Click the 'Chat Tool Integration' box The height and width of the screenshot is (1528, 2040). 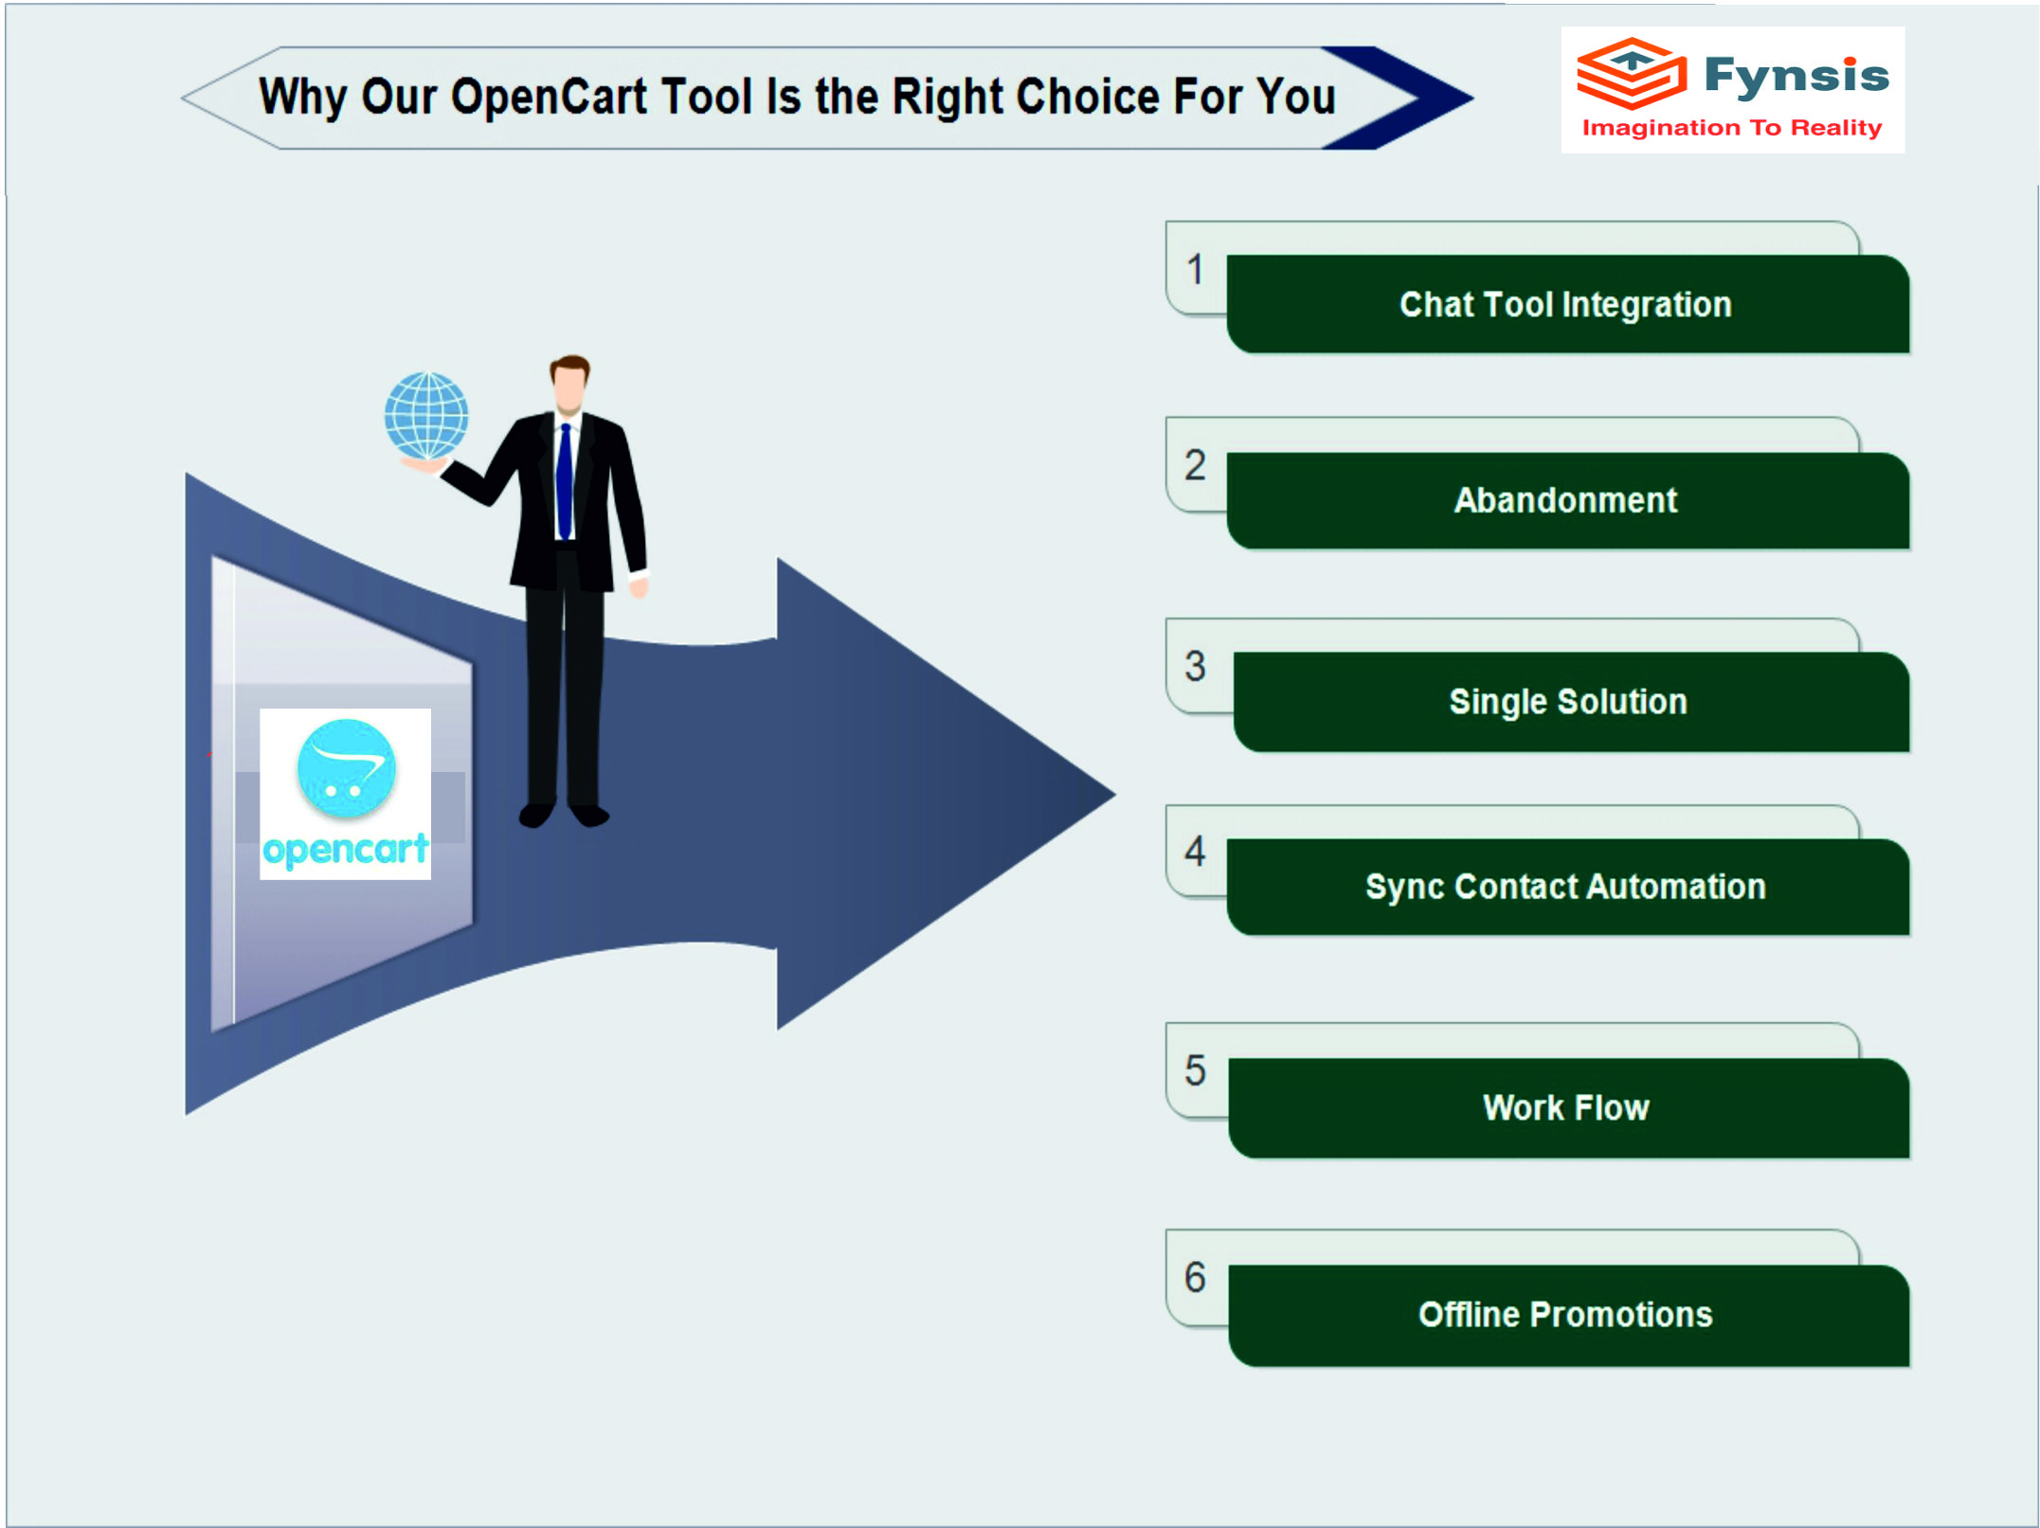coord(1567,304)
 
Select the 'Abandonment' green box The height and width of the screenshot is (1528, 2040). coord(1567,500)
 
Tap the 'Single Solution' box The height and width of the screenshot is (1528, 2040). coord(1570,702)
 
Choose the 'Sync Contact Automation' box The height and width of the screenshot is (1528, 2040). coord(1567,887)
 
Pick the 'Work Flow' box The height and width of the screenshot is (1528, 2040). coord(1568,1107)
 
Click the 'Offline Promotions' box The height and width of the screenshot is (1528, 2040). coord(1568,1315)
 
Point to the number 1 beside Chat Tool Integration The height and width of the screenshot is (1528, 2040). coord(1196,270)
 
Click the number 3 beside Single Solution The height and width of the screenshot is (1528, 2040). coord(1196,666)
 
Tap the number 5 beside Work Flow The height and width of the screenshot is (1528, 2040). coord(1196,1070)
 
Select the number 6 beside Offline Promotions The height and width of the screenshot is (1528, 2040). coord(1196,1277)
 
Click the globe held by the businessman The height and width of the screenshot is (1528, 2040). coord(426,416)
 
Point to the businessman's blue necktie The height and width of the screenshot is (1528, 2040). coord(565,482)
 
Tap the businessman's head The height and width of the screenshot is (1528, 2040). coord(569,383)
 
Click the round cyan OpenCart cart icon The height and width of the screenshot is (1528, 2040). coord(346,768)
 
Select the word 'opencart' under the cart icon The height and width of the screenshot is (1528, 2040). coord(346,850)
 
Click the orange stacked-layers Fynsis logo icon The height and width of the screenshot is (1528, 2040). coord(1632,73)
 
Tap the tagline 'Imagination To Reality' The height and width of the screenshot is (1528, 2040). coord(1732,128)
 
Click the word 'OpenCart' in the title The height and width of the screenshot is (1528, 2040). coord(549,97)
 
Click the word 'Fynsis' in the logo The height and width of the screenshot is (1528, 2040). coord(1796,76)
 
